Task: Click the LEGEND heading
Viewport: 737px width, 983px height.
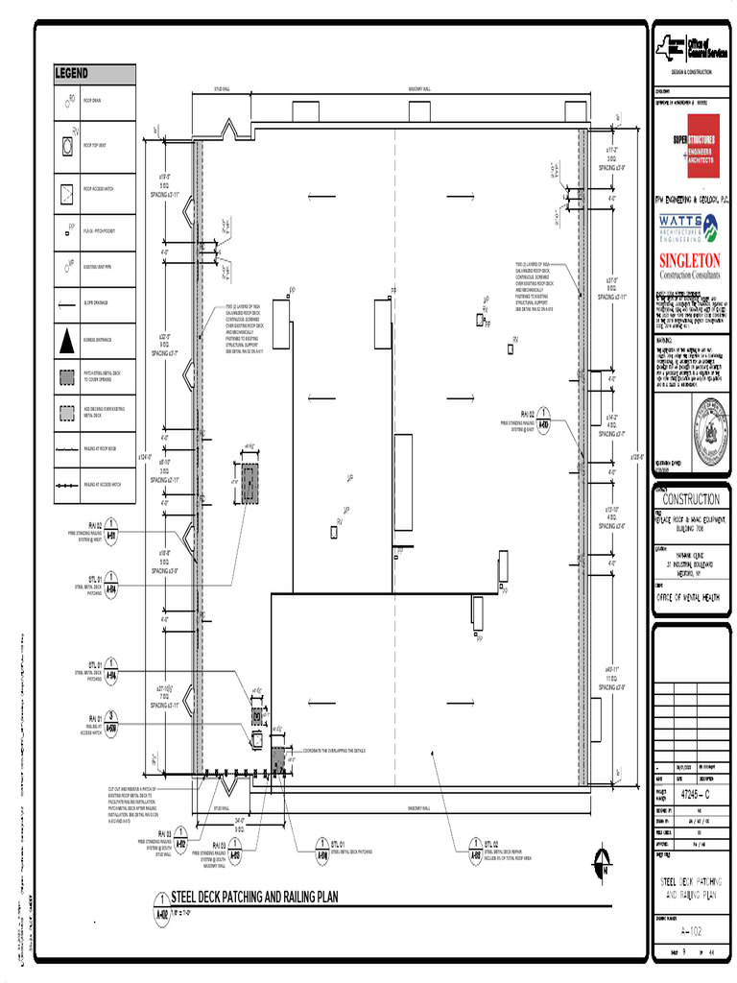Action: pyautogui.click(x=72, y=74)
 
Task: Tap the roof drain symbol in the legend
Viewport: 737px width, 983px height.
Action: pyautogui.click(x=68, y=100)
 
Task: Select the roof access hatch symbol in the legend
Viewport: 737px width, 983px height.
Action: pyautogui.click(x=68, y=190)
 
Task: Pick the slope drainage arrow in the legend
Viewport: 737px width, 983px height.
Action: pyautogui.click(x=68, y=304)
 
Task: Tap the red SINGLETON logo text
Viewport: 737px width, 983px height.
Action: pyautogui.click(x=689, y=261)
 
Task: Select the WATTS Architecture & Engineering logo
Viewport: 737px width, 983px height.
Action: pyautogui.click(x=689, y=228)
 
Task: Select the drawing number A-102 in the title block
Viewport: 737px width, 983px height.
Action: pyautogui.click(x=689, y=932)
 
